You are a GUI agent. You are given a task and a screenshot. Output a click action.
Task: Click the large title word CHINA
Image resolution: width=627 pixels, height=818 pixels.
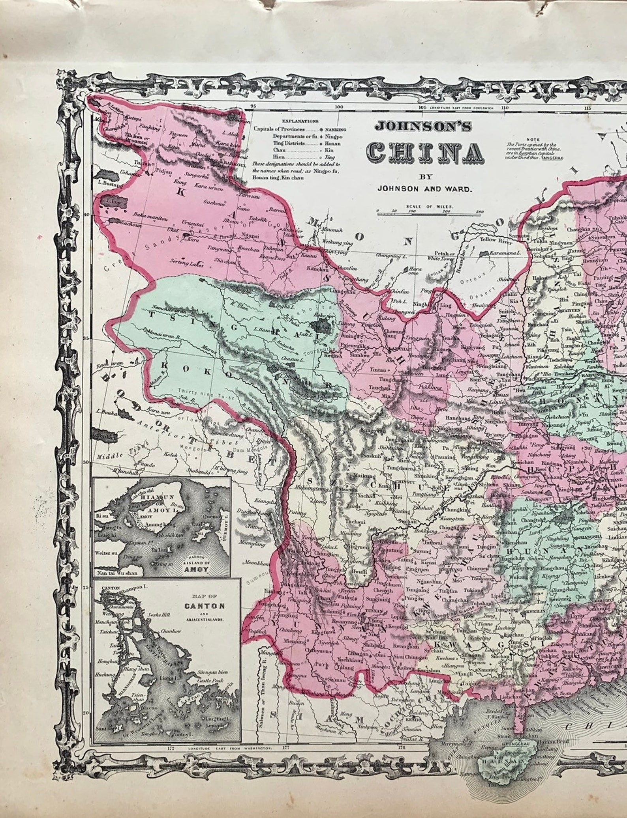(x=424, y=153)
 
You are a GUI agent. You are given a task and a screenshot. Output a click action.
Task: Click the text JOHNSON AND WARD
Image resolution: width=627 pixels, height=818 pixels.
(x=424, y=189)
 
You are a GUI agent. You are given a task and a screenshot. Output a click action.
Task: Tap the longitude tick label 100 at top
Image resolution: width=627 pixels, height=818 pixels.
(x=339, y=107)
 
